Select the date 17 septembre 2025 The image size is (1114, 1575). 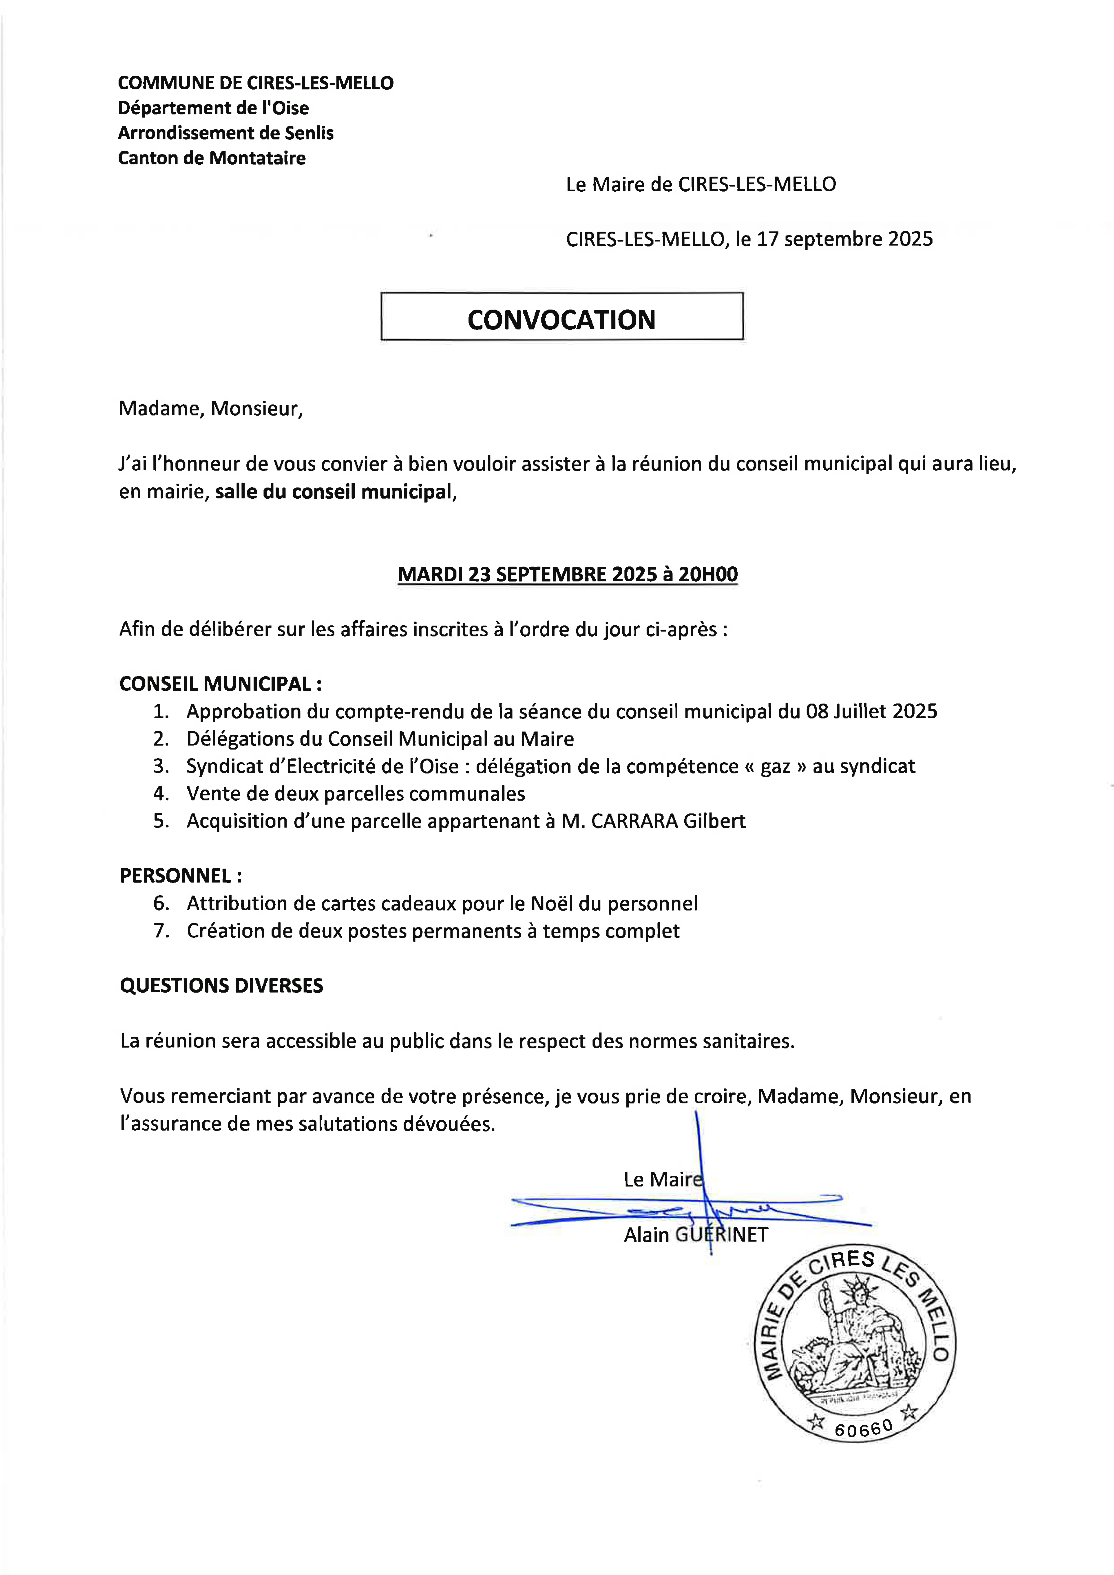coord(844,239)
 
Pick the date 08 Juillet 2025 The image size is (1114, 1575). coord(871,711)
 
